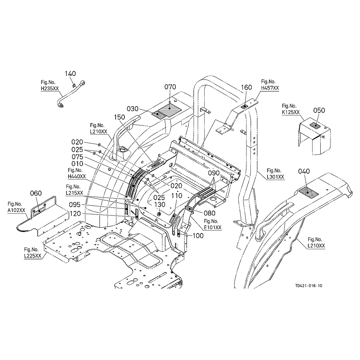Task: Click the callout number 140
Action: point(70,74)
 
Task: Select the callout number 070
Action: point(170,87)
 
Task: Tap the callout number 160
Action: point(246,88)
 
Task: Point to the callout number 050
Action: point(319,110)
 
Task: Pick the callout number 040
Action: point(304,171)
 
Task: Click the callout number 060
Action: point(36,193)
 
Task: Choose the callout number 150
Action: point(120,117)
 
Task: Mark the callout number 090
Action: point(214,173)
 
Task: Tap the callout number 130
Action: point(160,205)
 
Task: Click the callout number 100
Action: point(198,236)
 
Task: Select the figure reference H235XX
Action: point(50,89)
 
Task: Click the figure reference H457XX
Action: point(270,88)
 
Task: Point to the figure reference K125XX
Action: point(291,112)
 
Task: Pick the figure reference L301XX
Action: point(276,177)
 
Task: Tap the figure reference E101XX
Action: point(213,228)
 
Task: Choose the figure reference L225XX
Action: point(33,256)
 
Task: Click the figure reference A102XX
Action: point(16,210)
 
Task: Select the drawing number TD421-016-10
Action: point(309,286)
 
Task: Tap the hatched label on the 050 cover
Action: point(315,126)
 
